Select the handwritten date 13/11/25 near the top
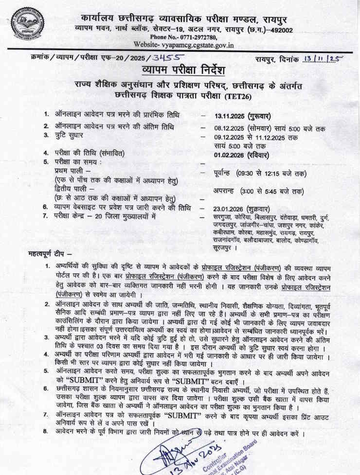[322, 59]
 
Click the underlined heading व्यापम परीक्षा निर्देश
[180, 71]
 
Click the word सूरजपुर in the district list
[224, 248]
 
